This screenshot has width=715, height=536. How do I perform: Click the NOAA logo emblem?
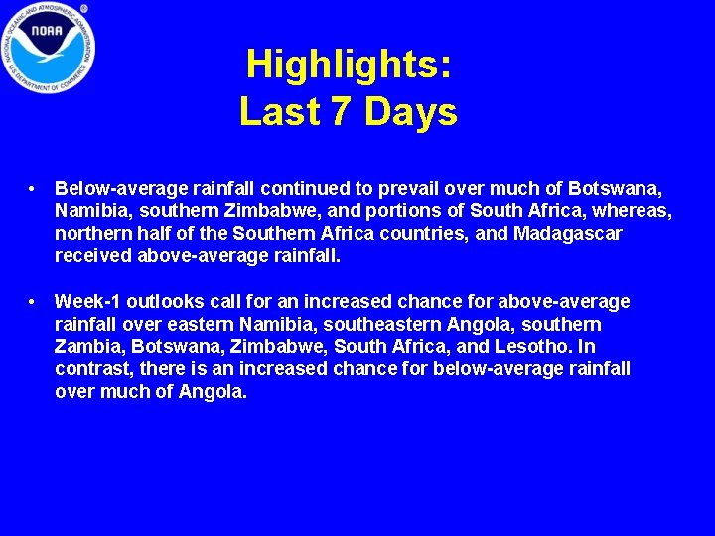tap(48, 49)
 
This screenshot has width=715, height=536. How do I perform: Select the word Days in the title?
tap(411, 112)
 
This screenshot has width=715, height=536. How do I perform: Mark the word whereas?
tap(635, 210)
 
